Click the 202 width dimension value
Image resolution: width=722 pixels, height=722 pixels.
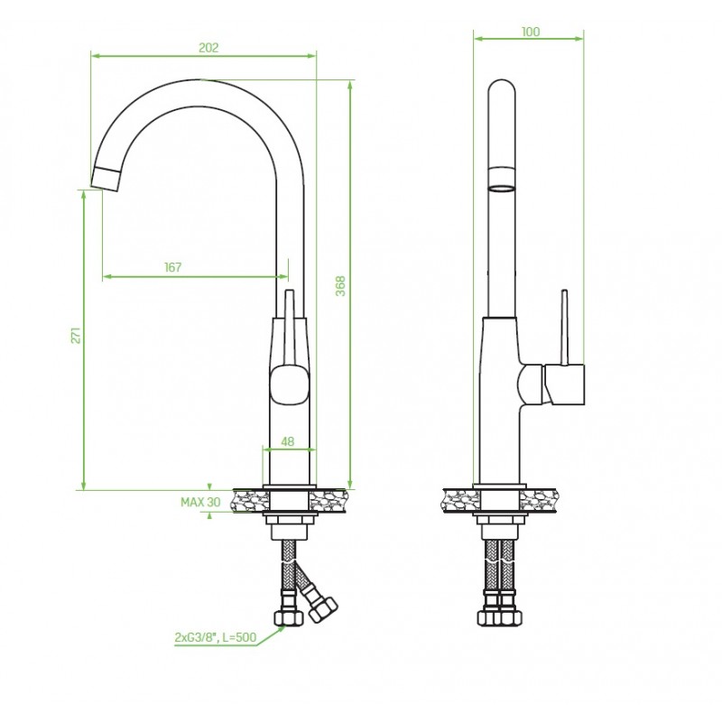(x=208, y=47)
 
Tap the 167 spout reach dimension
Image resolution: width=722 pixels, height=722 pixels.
(x=173, y=266)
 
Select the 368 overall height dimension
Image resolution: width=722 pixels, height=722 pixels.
(x=340, y=285)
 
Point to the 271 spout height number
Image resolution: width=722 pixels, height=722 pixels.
(x=77, y=335)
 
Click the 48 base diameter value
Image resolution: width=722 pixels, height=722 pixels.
(x=288, y=441)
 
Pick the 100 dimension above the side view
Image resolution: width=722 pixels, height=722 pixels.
(x=531, y=32)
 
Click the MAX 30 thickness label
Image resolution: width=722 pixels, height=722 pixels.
(x=199, y=502)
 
